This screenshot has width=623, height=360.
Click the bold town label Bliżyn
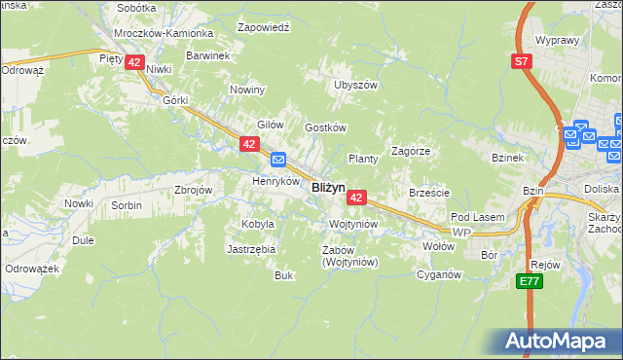327,188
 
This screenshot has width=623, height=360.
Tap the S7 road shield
523,62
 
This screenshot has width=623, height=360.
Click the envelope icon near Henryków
278,160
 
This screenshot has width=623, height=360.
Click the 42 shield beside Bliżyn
356,198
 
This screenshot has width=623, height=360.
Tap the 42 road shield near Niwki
135,61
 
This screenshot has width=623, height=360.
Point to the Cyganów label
437,274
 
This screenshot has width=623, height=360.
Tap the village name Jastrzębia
252,249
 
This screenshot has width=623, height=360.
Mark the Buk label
283,275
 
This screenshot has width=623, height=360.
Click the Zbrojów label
193,190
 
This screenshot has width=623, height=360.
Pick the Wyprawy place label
558,42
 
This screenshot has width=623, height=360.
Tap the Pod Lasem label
474,218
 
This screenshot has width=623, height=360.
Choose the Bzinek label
508,158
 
